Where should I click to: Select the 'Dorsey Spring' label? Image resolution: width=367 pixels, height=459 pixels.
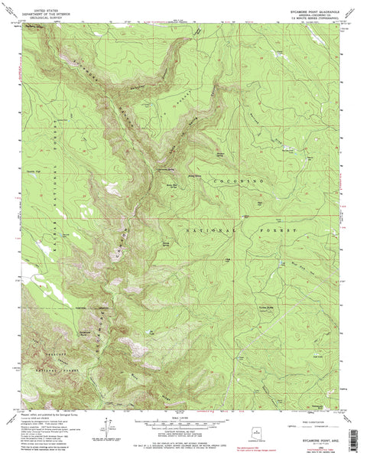click(x=165, y=246)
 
